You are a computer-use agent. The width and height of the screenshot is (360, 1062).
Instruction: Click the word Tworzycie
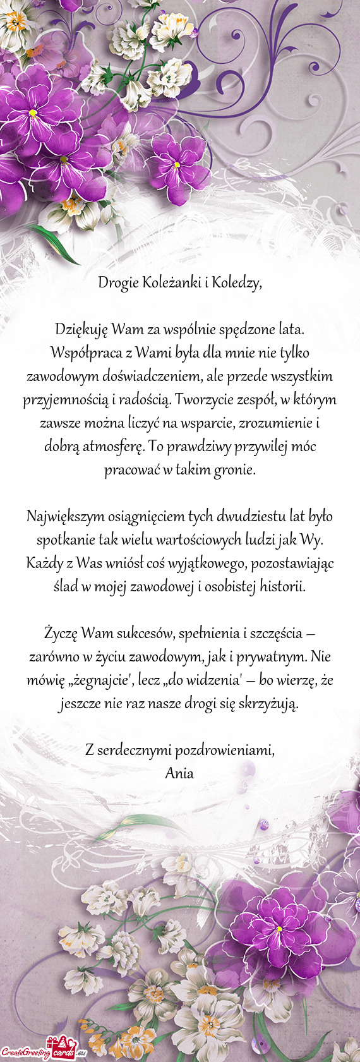201,399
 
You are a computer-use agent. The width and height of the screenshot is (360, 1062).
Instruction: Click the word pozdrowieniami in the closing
224,750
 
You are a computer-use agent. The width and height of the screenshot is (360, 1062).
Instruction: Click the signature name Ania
179,773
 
